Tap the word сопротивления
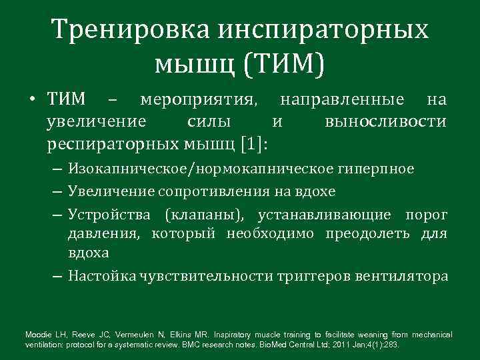205,192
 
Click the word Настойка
101,275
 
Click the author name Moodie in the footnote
39,334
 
